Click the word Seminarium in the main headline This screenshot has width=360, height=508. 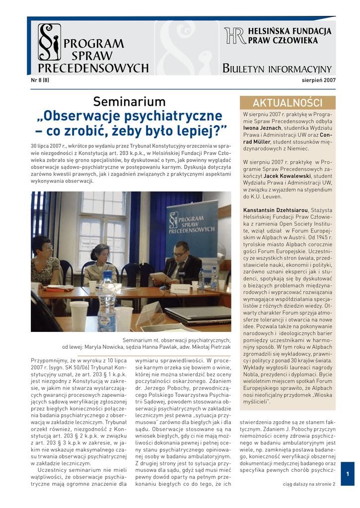pyautogui.click(x=130, y=102)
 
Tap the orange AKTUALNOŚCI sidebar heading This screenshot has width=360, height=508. pyautogui.click(x=288, y=103)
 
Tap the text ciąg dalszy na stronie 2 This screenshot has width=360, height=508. pyautogui.click(x=309, y=484)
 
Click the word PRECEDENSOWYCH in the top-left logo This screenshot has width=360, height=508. pyautogui.click(x=94, y=68)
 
